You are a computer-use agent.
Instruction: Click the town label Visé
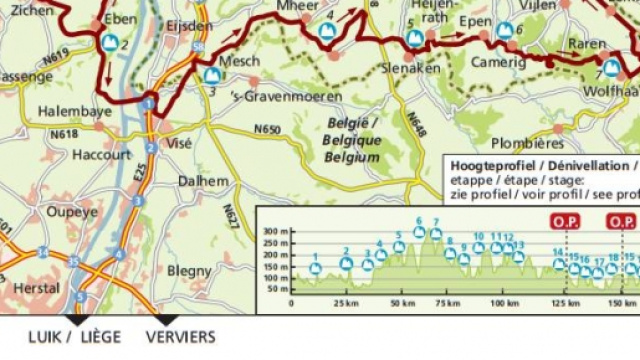click(179, 143)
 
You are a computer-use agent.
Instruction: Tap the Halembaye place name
click(75, 112)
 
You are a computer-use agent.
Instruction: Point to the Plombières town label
click(528, 143)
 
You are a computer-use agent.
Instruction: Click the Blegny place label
click(189, 271)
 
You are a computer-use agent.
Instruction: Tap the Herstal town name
click(37, 287)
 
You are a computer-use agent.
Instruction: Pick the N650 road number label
click(267, 129)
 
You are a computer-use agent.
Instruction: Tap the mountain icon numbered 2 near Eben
click(109, 43)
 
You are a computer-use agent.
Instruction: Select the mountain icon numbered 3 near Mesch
click(212, 75)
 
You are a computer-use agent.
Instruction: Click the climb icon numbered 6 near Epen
click(505, 30)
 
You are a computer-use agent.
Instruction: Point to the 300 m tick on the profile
click(274, 231)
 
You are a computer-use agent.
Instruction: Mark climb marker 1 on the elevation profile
click(315, 268)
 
